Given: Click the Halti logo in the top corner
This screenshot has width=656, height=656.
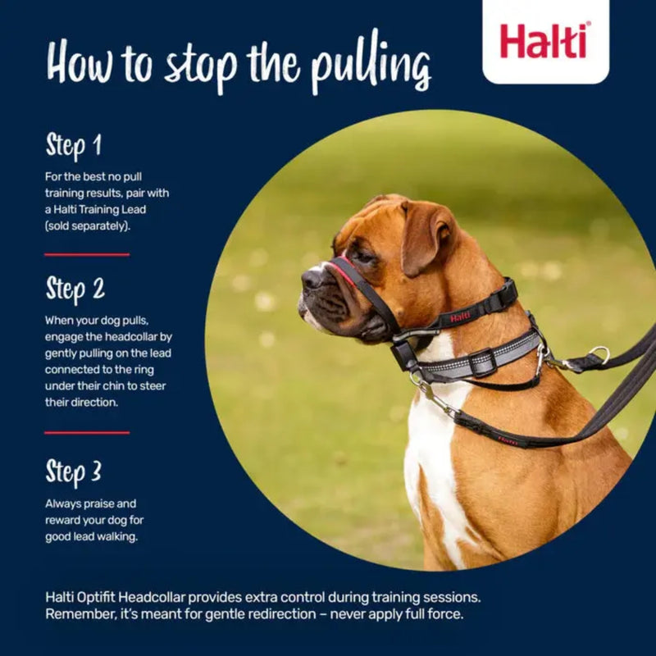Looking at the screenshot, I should pos(544,41).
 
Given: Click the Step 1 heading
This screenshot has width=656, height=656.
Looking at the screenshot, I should pos(74,147).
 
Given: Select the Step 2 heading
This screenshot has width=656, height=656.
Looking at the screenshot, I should pos(75,289).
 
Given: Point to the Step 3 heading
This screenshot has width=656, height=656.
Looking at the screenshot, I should pos(74,472).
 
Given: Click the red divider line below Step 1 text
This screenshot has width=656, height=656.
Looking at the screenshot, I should pos(87,255).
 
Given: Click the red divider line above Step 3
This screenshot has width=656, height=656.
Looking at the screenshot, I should pos(87,432).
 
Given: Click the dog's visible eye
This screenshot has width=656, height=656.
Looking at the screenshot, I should pos(363,256).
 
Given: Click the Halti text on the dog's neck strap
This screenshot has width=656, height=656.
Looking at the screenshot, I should pos(460,317).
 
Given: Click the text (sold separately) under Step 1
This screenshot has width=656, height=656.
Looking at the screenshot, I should pos(88,225).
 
